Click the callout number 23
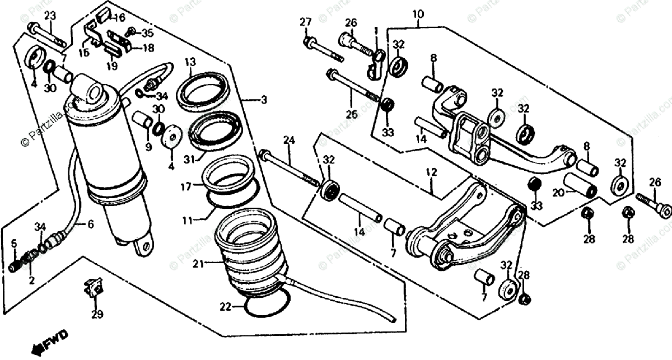tap(50, 16)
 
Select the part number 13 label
tap(190, 61)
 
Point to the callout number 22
tap(225, 306)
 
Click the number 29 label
tap(97, 315)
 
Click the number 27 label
tap(305, 22)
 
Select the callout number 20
tap(556, 193)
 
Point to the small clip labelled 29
tap(93, 289)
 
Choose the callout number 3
tap(264, 100)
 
